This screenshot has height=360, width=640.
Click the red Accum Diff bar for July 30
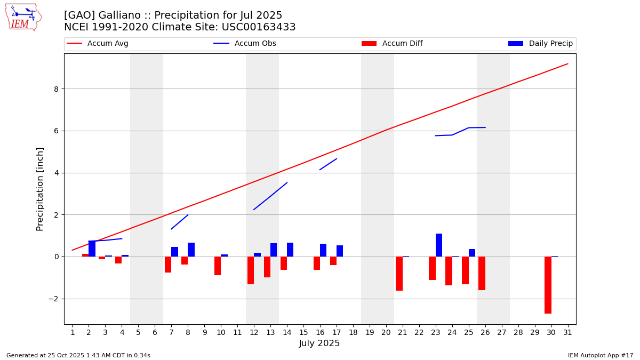[x=548, y=285]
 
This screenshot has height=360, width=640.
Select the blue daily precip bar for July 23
[x=439, y=245]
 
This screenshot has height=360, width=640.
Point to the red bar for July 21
[x=399, y=273]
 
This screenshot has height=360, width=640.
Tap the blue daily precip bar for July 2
[x=92, y=249]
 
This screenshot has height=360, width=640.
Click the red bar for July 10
[x=218, y=266]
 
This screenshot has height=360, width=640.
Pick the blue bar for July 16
[x=323, y=250]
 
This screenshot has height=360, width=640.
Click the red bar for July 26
[x=482, y=273]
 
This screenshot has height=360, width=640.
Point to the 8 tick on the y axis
[x=56, y=89]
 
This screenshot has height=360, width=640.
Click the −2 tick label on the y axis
[x=53, y=299]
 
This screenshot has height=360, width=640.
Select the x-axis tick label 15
[x=303, y=333]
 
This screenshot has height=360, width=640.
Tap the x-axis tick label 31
[x=567, y=333]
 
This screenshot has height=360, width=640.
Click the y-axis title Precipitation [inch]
[x=40, y=189]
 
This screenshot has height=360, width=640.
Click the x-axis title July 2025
[x=319, y=343]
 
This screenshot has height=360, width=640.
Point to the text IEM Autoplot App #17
[x=601, y=355]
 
